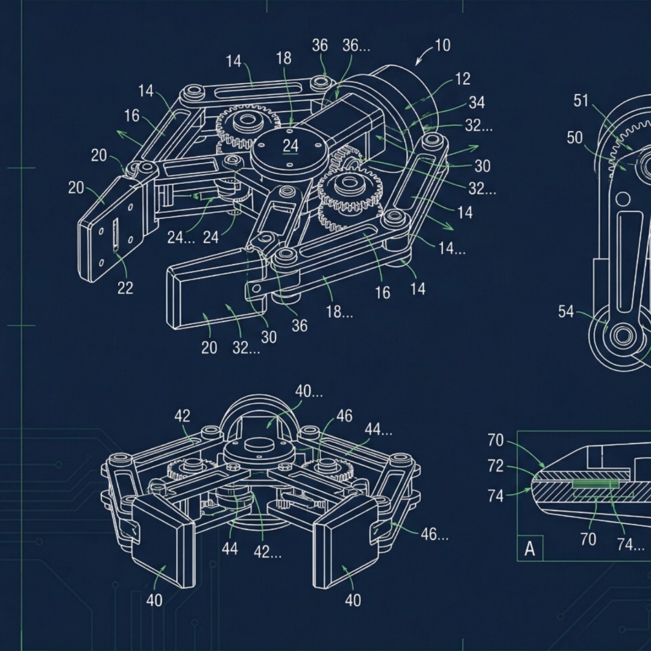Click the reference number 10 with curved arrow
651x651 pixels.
click(442, 46)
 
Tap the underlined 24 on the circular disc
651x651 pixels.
click(291, 146)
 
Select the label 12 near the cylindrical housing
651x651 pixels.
click(463, 78)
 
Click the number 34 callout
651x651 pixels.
click(476, 102)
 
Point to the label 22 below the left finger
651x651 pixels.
click(125, 288)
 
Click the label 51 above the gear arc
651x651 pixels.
click(580, 101)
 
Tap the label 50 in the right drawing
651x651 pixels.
click(574, 138)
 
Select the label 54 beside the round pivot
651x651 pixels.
click(565, 312)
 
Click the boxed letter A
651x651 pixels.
click(530, 549)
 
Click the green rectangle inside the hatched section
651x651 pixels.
click(596, 484)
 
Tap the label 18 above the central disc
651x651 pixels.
click(283, 58)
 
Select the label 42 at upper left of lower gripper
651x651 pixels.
click(182, 416)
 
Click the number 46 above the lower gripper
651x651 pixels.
click(344, 416)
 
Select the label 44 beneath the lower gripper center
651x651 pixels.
click(229, 549)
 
